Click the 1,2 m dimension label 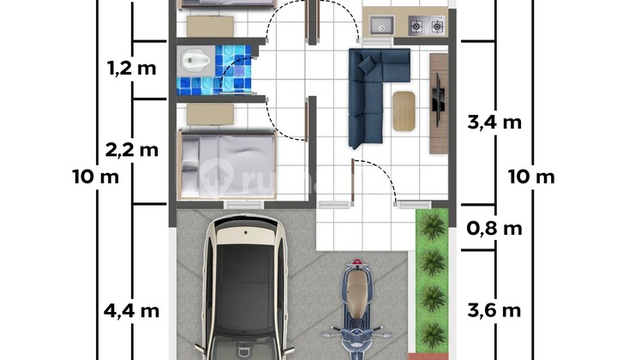pos(132,69)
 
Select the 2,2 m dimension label pos(132,150)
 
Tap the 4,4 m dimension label pos(132,311)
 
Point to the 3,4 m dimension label pos(494,123)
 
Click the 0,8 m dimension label pos(494,228)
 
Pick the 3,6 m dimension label pos(494,311)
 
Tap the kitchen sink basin pos(381,25)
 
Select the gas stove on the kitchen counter pos(427,26)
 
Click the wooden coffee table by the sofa pos(404,111)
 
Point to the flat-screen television pos(438,99)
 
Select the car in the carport pos(245,287)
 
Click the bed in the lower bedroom pos(226,165)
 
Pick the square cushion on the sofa pos(367,63)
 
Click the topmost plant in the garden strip pos(433,225)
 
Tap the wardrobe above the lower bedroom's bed pos(210,115)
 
